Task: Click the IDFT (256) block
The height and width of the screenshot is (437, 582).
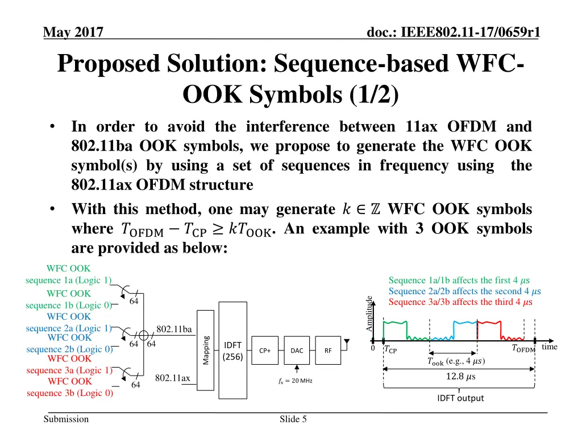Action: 233,351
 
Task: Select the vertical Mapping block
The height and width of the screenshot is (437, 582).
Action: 206,351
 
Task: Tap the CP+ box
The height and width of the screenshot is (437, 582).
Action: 265,351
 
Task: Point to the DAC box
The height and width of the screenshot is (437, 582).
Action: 297,351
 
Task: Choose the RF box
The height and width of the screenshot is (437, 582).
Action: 328,351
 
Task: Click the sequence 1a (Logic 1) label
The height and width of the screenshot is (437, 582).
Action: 68,279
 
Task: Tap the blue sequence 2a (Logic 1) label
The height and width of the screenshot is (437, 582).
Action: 68,328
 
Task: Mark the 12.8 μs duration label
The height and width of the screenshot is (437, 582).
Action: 460,377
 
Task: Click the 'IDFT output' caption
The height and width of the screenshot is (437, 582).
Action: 460,398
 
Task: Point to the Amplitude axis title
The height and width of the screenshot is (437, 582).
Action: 369,314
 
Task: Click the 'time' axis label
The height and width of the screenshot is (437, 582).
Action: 550,347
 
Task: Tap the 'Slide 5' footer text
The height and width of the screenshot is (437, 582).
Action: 293,419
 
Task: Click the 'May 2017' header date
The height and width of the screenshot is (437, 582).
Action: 73,33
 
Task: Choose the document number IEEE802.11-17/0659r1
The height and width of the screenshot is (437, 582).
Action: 454,33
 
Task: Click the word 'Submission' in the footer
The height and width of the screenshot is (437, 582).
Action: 67,419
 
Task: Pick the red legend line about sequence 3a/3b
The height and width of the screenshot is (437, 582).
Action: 460,302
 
